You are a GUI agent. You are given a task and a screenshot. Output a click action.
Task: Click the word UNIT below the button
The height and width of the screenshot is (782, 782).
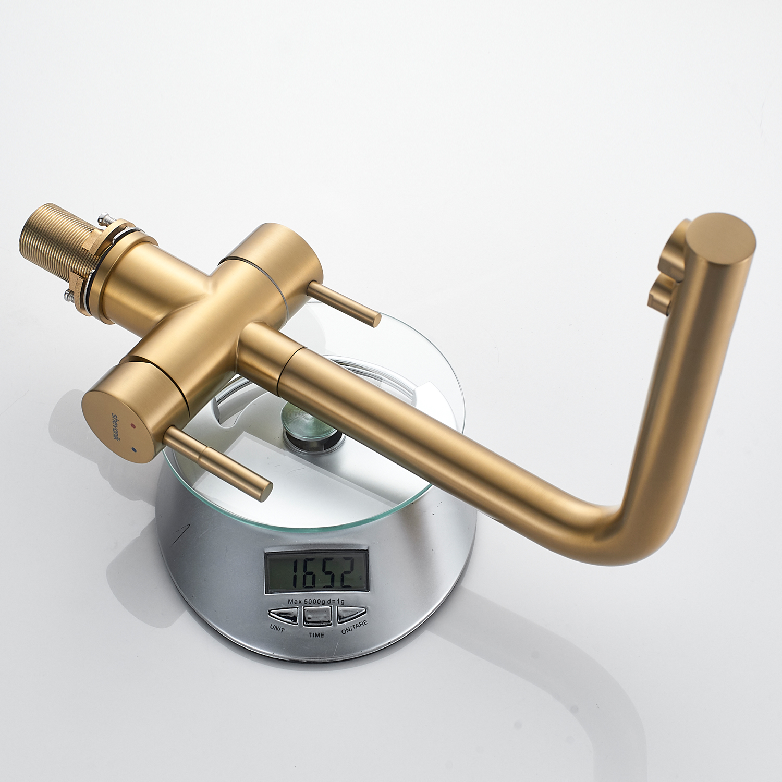coord(277,629)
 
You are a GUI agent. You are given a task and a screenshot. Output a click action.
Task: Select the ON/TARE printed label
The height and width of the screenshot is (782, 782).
coord(355,627)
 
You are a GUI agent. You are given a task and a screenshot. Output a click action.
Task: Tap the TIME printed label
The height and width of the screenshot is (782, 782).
coord(316,634)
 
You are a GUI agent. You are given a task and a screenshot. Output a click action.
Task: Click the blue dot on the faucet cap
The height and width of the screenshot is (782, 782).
coord(135,448)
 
